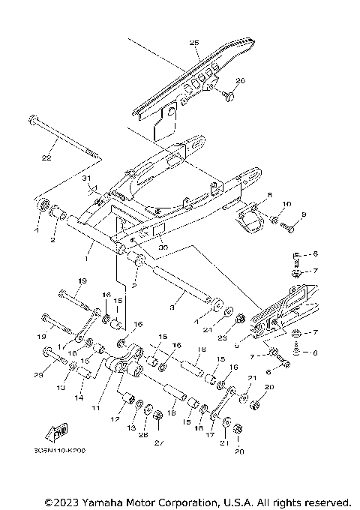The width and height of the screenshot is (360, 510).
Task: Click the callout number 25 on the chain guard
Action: coord(194,43)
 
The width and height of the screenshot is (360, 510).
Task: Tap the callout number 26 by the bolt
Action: coord(241,80)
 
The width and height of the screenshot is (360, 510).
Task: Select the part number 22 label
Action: coord(46,158)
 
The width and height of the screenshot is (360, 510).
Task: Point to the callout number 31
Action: coord(85,178)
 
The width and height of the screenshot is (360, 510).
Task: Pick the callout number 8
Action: coord(270,194)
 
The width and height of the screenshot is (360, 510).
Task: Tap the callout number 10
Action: coord(286,205)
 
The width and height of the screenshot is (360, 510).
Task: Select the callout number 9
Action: coord(304,215)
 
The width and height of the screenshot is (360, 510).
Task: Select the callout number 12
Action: coord(115,420)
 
